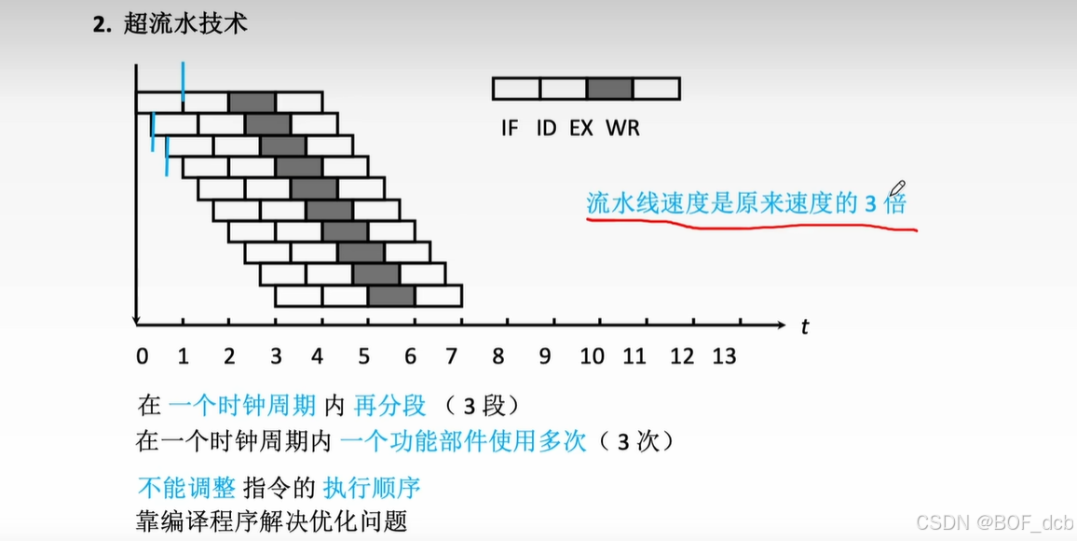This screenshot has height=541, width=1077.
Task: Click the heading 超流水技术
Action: [184, 24]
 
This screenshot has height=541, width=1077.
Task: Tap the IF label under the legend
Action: [509, 128]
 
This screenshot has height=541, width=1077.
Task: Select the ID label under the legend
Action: [545, 128]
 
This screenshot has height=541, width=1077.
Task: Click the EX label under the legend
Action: [581, 128]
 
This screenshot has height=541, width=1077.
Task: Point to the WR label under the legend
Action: [622, 128]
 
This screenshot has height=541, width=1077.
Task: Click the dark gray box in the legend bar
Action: [610, 89]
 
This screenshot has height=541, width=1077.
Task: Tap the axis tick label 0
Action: [142, 356]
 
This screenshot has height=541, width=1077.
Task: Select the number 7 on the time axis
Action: [453, 356]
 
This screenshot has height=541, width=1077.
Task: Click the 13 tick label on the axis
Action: [724, 356]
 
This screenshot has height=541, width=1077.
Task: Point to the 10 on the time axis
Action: [592, 356]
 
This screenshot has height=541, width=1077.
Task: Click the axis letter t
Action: [804, 326]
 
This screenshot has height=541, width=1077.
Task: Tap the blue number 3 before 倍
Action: [870, 204]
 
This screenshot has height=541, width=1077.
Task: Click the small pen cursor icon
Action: [898, 190]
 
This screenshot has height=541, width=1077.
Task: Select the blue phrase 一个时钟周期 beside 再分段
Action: [244, 406]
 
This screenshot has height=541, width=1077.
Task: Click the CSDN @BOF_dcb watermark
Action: [994, 520]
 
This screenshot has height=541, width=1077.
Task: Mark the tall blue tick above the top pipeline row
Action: [183, 80]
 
